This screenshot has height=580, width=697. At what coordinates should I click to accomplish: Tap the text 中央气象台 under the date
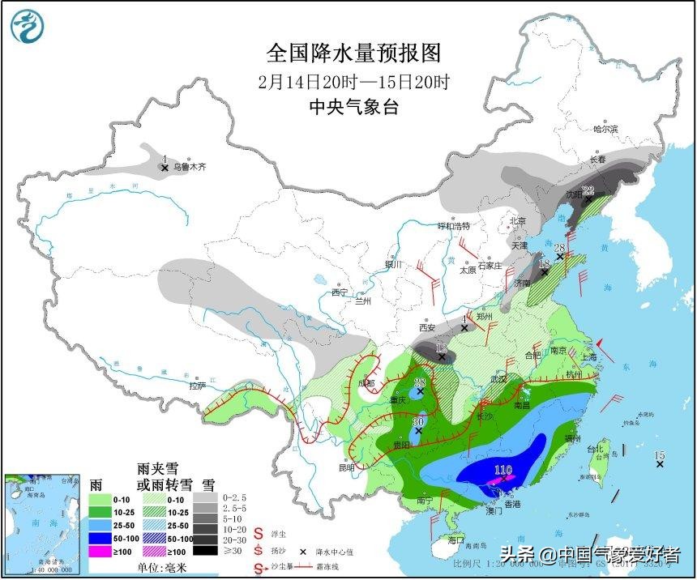point(354,107)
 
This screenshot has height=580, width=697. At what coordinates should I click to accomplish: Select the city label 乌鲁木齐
point(190,167)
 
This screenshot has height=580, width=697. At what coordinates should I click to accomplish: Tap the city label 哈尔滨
point(605,129)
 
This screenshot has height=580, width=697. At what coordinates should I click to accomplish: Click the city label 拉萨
point(198,386)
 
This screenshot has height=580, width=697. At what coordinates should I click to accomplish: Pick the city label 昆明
point(347,467)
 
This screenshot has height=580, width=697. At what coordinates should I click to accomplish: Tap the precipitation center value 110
point(504,470)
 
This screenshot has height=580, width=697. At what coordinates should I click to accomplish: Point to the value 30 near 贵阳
point(418,422)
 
